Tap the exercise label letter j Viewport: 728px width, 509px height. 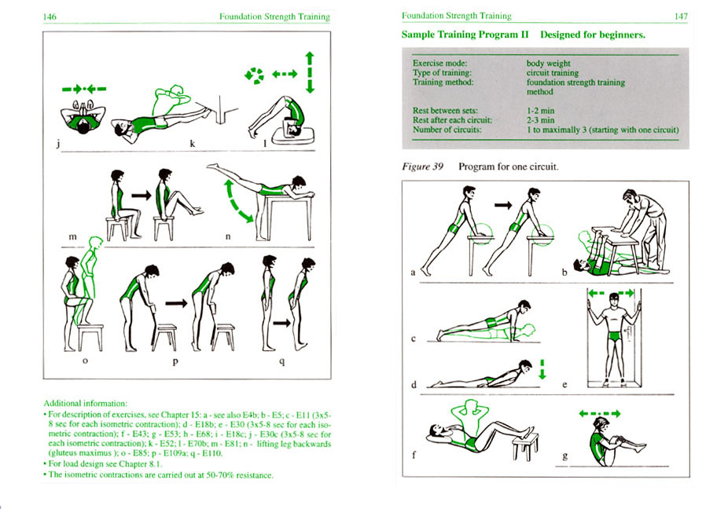(x=50, y=145)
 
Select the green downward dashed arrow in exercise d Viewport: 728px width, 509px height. (x=542, y=368)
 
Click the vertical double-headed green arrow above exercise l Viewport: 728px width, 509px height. (x=310, y=73)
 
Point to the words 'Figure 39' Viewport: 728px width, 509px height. (x=418, y=167)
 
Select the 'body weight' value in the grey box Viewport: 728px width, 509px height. (x=548, y=63)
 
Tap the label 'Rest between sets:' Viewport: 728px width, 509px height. (x=446, y=111)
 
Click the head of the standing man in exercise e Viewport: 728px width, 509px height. (x=614, y=299)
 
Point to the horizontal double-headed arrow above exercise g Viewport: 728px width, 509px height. (x=599, y=413)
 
